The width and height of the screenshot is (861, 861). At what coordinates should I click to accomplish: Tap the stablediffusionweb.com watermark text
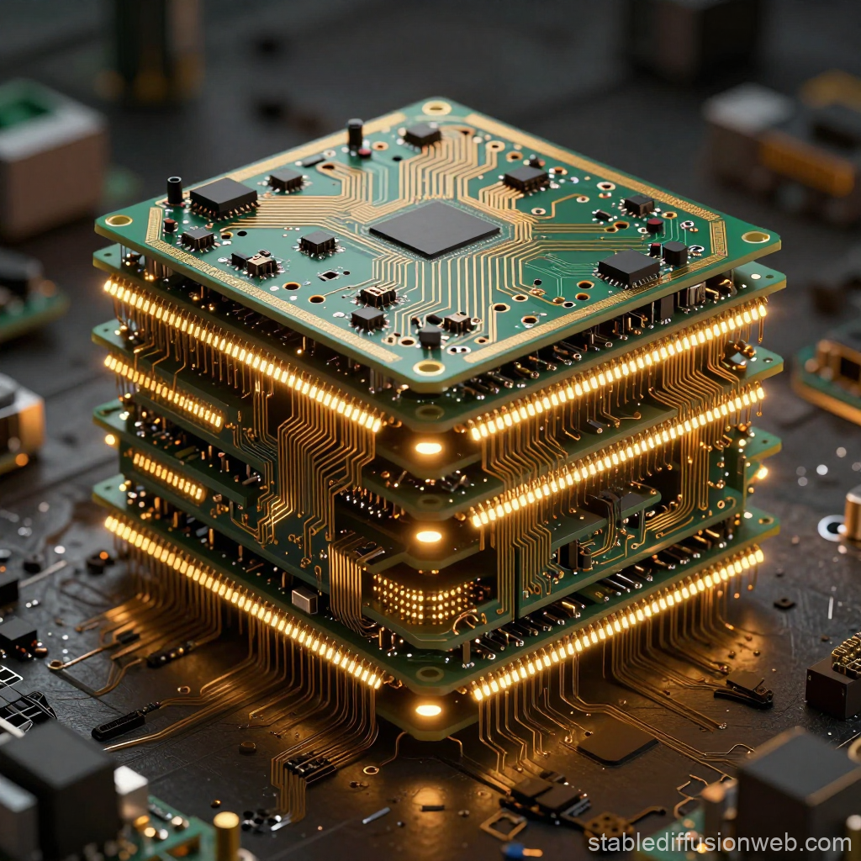click(719, 843)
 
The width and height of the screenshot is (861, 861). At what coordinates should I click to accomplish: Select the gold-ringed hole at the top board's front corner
click(429, 367)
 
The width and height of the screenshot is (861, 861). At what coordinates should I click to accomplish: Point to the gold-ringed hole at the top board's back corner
click(436, 108)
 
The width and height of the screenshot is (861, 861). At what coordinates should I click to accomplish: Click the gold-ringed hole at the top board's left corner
click(119, 221)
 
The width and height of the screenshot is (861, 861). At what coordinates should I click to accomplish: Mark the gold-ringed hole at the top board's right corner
click(756, 236)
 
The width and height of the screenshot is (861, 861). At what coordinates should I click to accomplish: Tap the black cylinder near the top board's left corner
click(175, 190)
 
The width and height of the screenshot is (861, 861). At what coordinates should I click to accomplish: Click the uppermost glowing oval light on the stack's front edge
click(428, 448)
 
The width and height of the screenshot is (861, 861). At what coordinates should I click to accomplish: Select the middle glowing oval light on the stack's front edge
click(428, 536)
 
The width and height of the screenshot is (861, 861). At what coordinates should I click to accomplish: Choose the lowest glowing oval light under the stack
click(428, 710)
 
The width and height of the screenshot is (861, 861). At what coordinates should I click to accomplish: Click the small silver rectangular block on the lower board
click(304, 600)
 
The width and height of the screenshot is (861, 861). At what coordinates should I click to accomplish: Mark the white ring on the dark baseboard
click(831, 528)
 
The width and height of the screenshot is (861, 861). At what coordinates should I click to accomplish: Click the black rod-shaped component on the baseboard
click(119, 726)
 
